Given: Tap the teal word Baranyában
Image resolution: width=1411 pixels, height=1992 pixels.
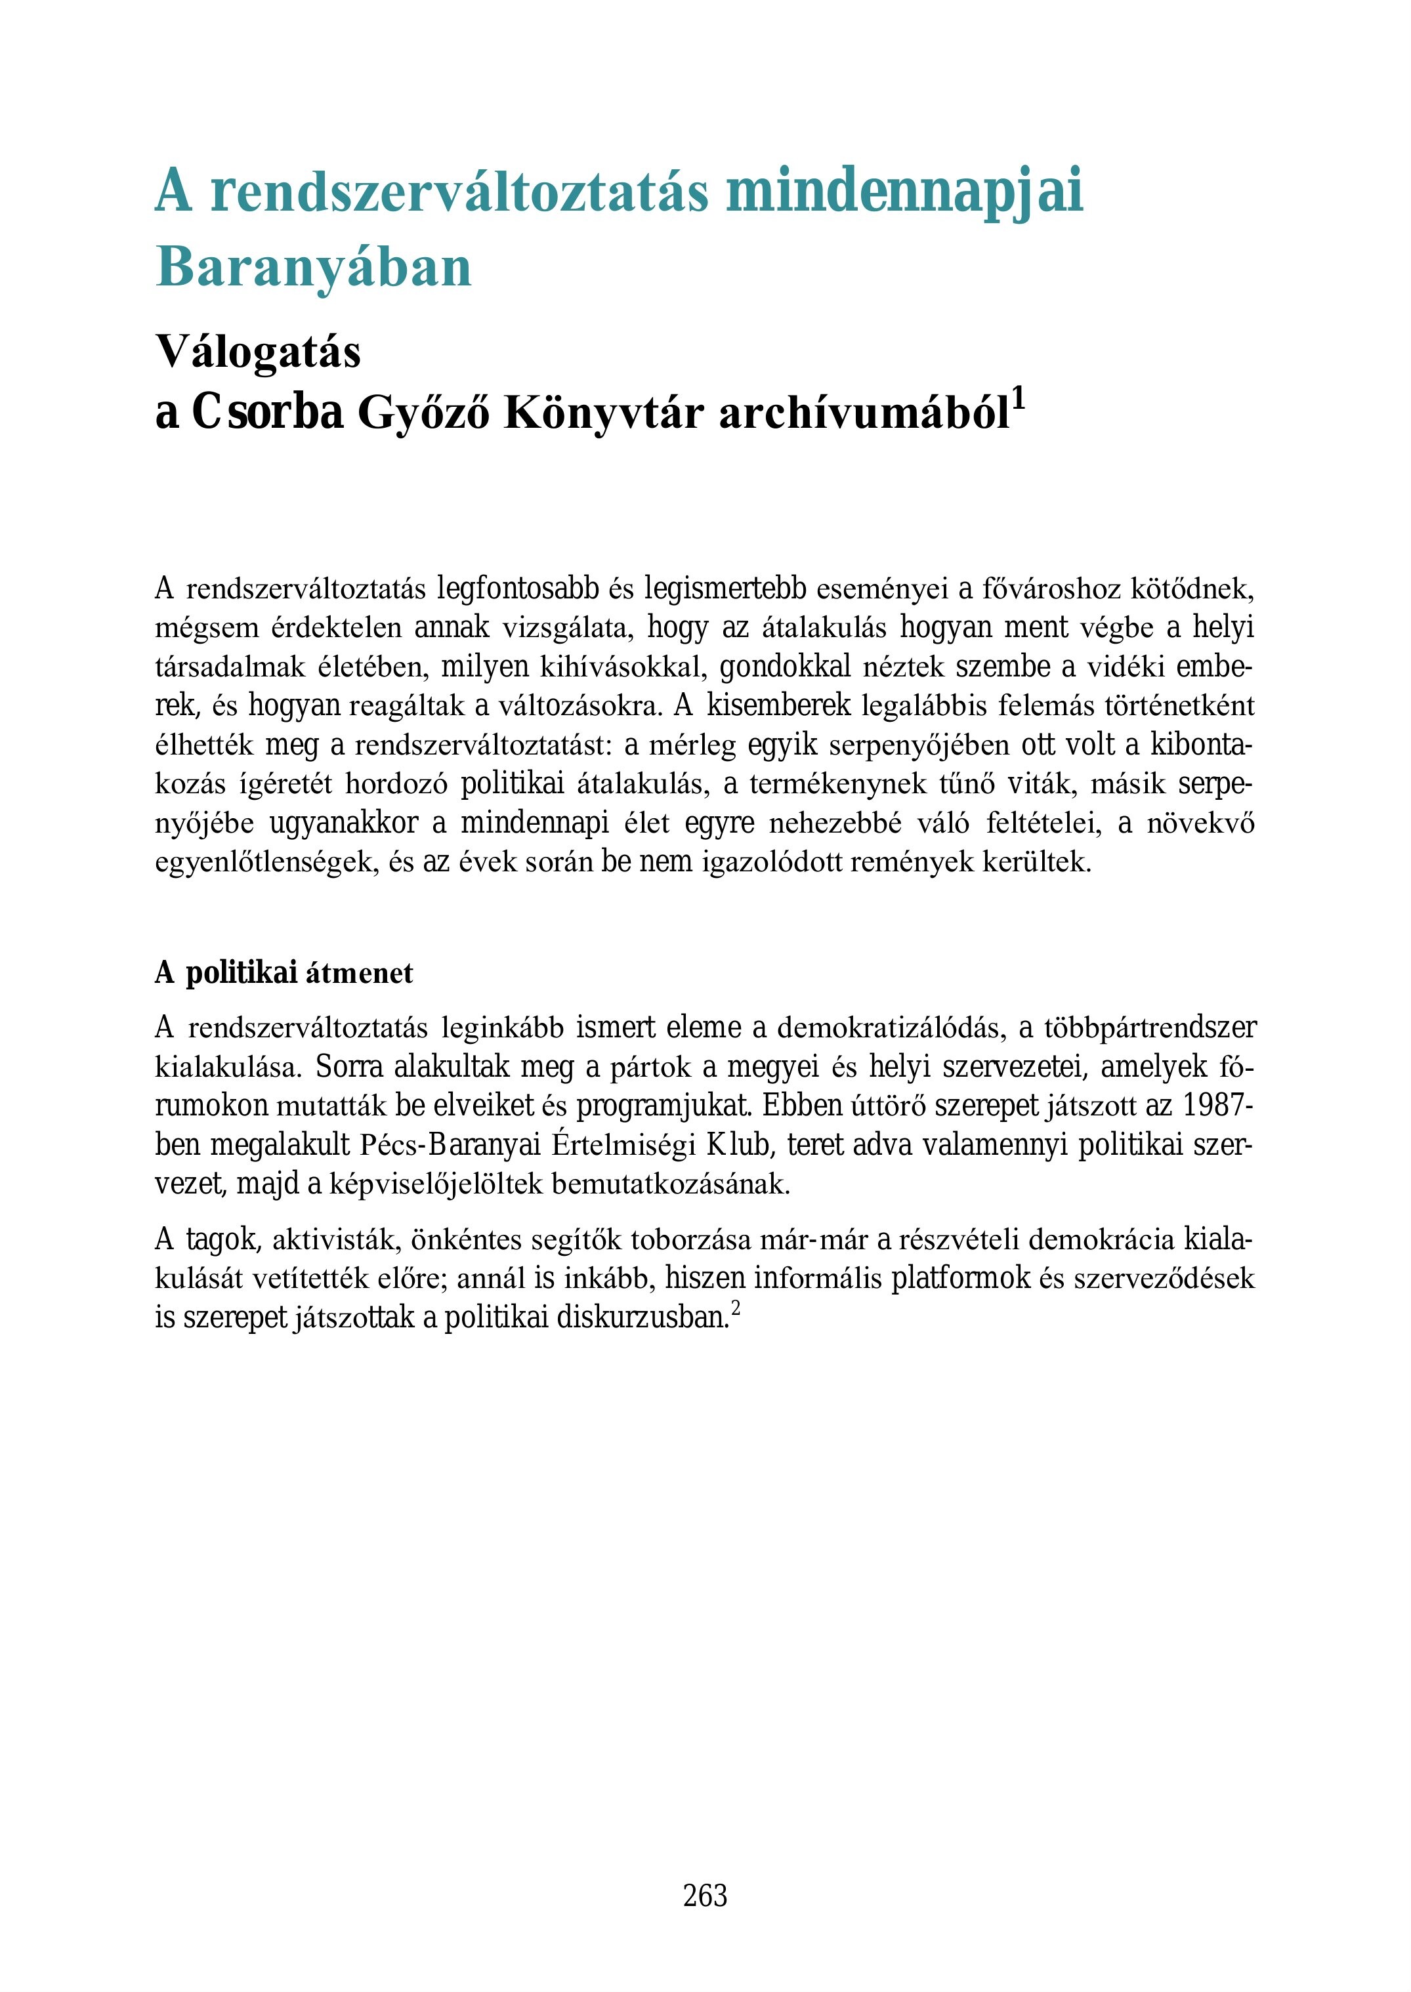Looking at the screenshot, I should point(313,268).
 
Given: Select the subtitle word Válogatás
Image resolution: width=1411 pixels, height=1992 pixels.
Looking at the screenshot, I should point(258,353).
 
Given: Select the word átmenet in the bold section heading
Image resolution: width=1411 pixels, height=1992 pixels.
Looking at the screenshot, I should point(360,974).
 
